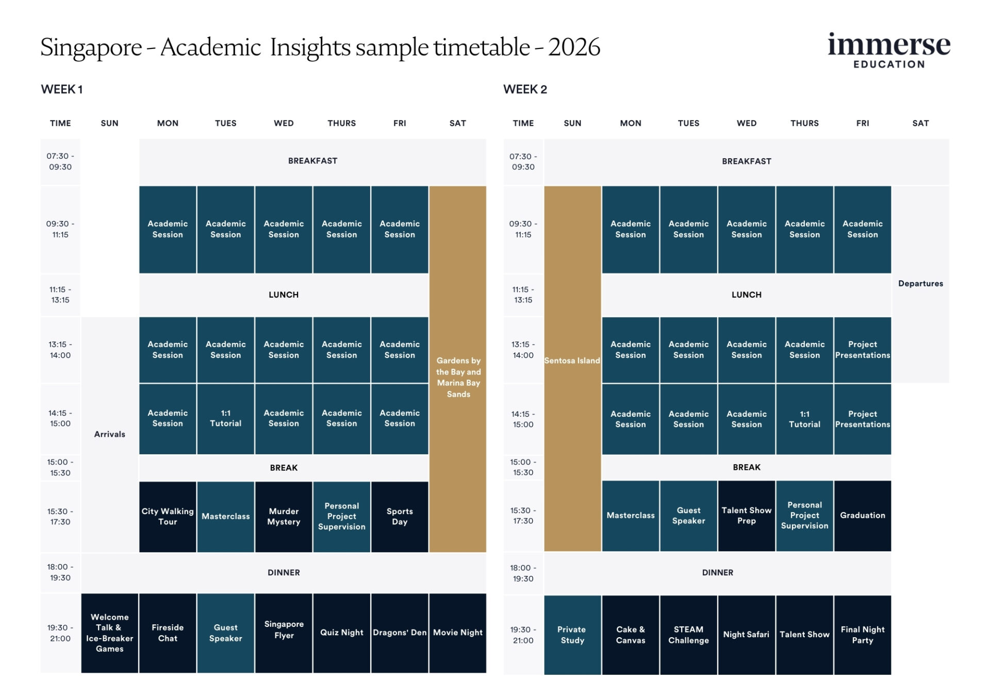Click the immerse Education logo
[888, 50]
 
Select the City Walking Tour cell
[168, 516]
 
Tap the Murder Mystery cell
[284, 516]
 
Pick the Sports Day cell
[400, 516]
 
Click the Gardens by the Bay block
[458, 377]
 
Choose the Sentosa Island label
[572, 361]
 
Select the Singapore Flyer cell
[284, 629]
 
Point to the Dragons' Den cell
[400, 633]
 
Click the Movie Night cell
[458, 633]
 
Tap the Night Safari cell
[746, 635]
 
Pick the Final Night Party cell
[862, 635]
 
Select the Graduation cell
[862, 515]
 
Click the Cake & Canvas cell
[630, 635]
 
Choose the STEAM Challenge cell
[688, 635]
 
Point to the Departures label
[920, 283]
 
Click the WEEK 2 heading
[525, 89]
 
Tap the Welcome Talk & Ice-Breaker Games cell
[109, 633]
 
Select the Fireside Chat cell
[168, 633]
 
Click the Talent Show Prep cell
[746, 515]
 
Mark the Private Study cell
[572, 635]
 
